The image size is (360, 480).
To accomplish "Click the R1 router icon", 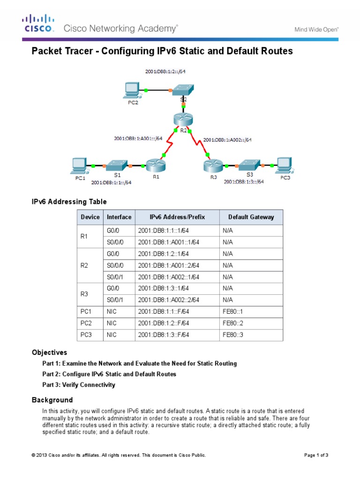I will pos(153,165).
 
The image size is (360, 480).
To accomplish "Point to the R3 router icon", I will pos(211,165).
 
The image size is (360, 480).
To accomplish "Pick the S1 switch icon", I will pos(114,165).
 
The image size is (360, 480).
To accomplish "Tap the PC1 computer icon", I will pos(79,165).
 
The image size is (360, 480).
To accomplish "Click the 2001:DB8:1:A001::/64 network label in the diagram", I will pos(138,138).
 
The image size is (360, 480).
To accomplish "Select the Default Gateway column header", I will pos(251,217).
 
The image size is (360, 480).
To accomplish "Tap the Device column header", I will pos(90,217).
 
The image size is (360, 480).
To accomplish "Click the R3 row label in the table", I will pos(84,294).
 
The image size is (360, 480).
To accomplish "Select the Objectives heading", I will pos(49,352).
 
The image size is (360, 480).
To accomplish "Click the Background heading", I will pos(52,400).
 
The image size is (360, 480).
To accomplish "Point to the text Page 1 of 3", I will pos(316,455).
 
